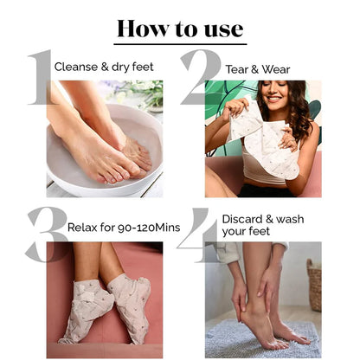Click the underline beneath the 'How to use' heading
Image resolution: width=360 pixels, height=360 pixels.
(180, 44)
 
